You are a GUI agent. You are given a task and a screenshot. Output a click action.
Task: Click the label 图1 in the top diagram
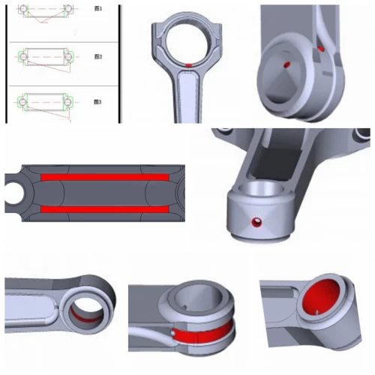tap(97, 8)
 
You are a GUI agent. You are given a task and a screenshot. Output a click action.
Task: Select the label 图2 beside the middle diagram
tap(97, 56)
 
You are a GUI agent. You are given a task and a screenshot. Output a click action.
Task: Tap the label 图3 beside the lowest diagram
tap(97, 101)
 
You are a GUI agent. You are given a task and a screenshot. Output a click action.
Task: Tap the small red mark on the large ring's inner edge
tap(191, 65)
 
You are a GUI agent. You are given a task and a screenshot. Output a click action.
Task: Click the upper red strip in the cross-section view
tap(104, 177)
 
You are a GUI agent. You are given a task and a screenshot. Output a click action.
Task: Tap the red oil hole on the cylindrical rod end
tap(258, 223)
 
